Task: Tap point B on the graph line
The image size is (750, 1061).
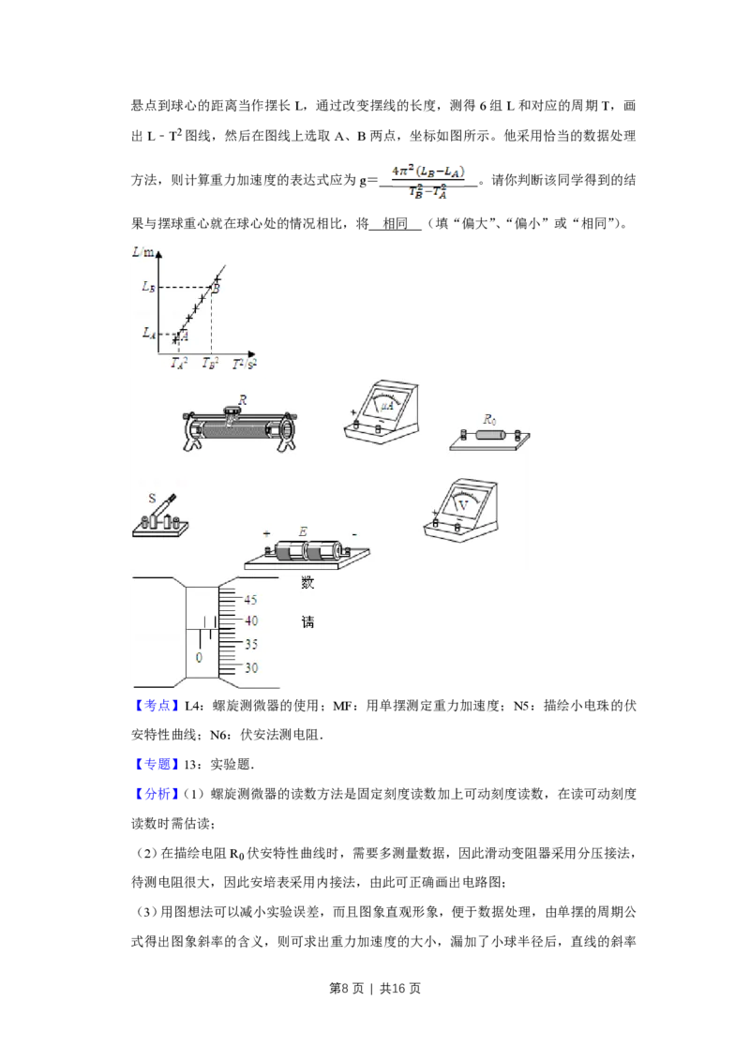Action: point(215,288)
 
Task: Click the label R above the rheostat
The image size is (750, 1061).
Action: point(242,399)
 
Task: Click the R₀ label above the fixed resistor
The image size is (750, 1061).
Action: point(488,420)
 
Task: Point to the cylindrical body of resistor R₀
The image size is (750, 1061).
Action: point(491,435)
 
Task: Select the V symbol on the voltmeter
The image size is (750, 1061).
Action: point(462,504)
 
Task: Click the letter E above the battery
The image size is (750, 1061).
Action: point(303,532)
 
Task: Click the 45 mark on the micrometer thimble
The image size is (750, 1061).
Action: point(250,600)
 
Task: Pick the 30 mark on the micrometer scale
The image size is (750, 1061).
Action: point(250,668)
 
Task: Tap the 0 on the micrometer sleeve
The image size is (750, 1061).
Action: point(199,658)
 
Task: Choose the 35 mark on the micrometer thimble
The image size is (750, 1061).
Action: point(250,645)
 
